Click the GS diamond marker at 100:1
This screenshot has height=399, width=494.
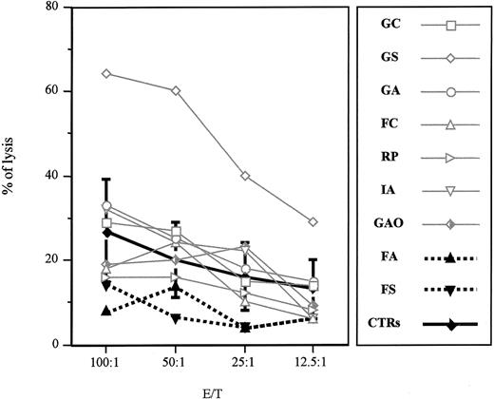click(106, 73)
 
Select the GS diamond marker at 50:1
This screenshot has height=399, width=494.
click(176, 90)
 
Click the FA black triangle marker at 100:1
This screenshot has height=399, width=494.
click(106, 311)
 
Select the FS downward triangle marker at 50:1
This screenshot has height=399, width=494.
click(176, 317)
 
